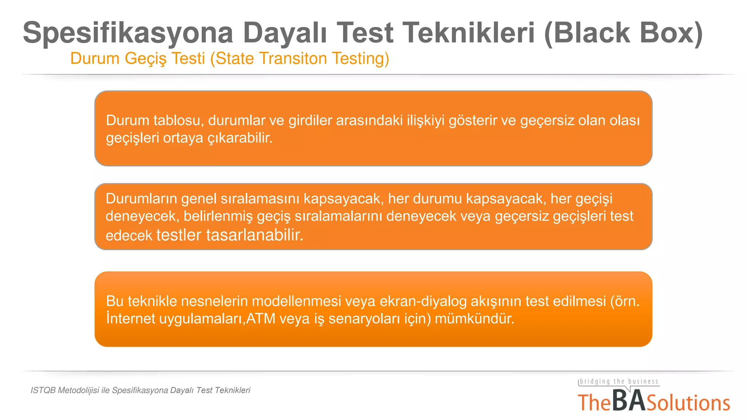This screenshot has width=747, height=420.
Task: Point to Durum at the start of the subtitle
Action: [95, 59]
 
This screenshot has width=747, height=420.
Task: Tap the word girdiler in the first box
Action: [310, 120]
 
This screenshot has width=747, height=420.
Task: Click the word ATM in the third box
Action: [261, 319]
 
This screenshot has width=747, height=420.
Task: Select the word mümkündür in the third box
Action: [474, 319]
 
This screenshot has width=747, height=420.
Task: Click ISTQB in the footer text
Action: [43, 390]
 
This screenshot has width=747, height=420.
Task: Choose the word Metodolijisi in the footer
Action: [78, 390]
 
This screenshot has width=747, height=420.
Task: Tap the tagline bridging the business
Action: [619, 381]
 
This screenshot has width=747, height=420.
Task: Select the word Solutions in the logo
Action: [688, 403]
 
